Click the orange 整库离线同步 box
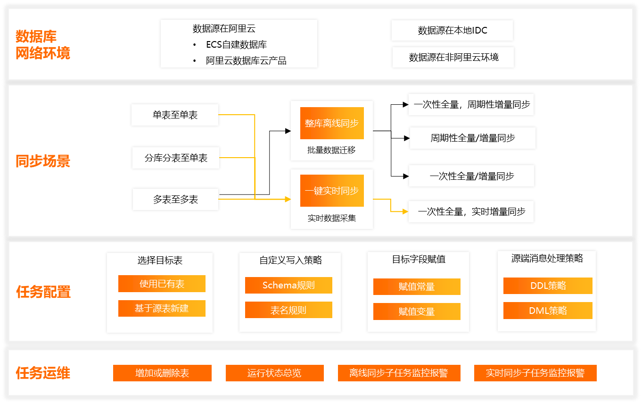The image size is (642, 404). [332, 123]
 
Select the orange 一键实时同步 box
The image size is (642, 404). [332, 191]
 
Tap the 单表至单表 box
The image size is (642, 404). [175, 115]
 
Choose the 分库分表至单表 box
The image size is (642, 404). [176, 158]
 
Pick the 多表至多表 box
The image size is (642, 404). [175, 200]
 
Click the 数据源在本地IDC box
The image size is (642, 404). [452, 31]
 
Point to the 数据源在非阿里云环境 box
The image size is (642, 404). [453, 58]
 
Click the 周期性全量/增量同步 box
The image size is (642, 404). [472, 138]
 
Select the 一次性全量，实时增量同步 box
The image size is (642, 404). [471, 212]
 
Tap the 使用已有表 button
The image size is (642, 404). [162, 284]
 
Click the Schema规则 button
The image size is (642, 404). [288, 285]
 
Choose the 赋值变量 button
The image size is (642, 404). [417, 311]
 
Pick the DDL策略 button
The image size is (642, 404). [548, 286]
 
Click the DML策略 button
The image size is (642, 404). [548, 311]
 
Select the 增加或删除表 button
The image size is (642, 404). [162, 373]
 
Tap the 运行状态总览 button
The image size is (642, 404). [274, 373]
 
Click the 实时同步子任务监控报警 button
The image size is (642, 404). [535, 373]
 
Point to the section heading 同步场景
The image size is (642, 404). [43, 161]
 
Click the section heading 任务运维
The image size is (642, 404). [43, 373]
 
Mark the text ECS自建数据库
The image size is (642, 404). [236, 45]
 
